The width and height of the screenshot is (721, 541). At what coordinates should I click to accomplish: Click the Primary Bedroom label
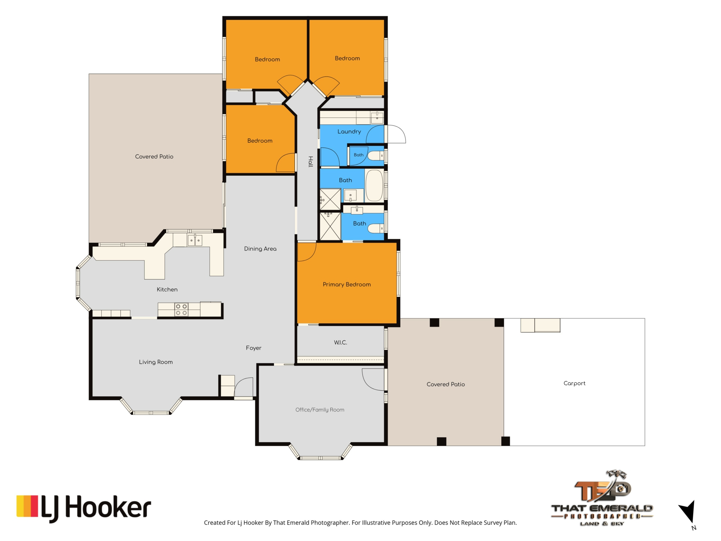(347, 284)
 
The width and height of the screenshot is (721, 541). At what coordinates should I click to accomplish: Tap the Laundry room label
(349, 131)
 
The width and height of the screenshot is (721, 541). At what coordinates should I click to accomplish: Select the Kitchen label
(167, 289)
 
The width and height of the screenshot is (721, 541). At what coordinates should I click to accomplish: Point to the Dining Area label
(260, 249)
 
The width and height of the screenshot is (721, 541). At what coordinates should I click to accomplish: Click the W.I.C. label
(341, 342)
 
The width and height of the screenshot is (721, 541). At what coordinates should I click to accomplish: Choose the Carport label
(574, 383)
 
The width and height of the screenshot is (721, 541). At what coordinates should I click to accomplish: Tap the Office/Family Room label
(320, 410)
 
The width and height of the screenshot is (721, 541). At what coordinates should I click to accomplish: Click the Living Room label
(156, 362)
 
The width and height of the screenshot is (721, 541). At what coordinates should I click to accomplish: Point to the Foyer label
(253, 348)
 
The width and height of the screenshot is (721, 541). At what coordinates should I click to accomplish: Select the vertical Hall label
(311, 162)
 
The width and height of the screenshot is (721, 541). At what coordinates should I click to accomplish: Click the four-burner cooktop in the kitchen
(181, 310)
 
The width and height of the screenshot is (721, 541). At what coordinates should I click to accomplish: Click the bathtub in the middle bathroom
(374, 186)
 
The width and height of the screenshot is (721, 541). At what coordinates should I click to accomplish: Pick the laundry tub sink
(377, 118)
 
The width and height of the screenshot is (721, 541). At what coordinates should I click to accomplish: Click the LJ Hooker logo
(83, 508)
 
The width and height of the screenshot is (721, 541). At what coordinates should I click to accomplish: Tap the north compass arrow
(688, 511)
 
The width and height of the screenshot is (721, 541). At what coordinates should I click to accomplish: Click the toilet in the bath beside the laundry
(376, 155)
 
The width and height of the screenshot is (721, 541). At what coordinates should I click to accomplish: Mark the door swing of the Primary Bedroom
(307, 252)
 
